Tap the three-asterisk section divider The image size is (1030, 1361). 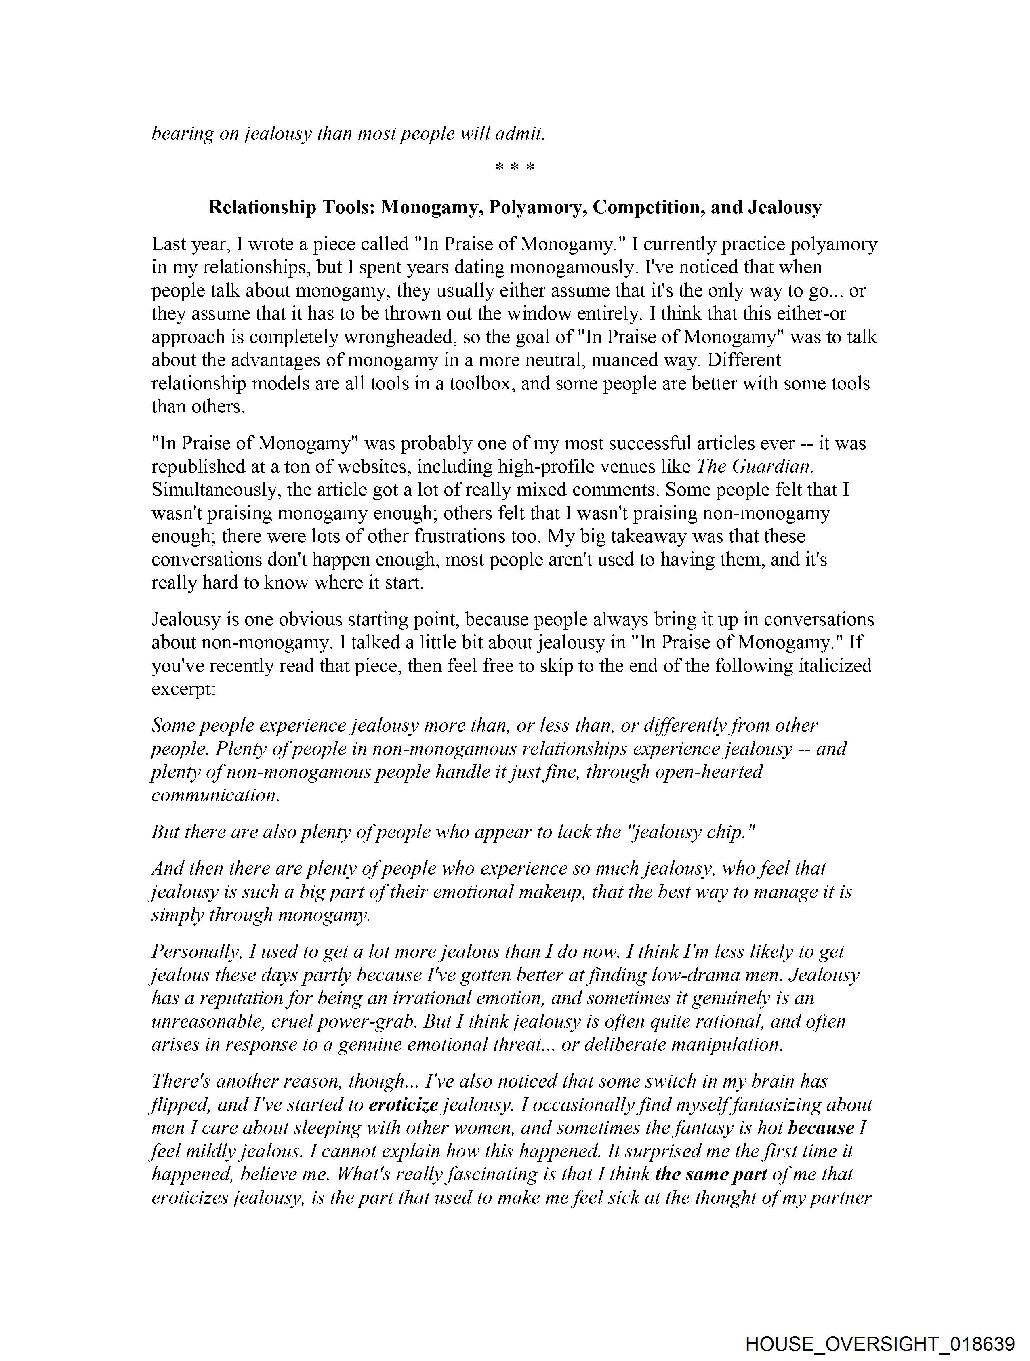pyautogui.click(x=514, y=167)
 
